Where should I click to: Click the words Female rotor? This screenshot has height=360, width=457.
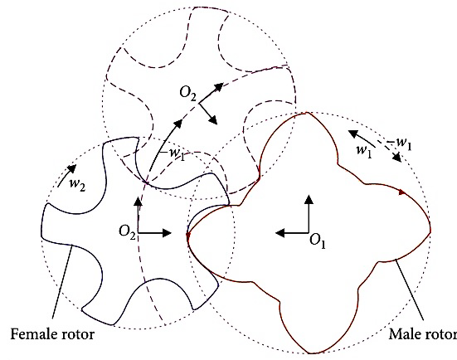(x=52, y=334)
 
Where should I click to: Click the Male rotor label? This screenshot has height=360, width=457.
(x=423, y=334)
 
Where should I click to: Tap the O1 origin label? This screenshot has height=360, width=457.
(x=317, y=242)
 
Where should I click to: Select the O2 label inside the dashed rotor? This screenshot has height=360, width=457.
(x=188, y=93)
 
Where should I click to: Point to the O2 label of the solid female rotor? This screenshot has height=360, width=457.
(x=128, y=232)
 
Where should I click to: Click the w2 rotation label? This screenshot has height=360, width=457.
(x=77, y=184)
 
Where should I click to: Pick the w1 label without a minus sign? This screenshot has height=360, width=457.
(x=364, y=151)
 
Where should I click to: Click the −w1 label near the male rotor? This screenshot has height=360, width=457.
(x=400, y=144)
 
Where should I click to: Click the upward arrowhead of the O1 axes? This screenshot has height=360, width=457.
(x=309, y=199)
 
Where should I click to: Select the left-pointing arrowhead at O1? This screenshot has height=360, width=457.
(x=280, y=233)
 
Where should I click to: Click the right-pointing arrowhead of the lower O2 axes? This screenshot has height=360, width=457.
(x=167, y=233)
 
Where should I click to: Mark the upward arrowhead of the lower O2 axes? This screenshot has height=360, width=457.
(x=139, y=202)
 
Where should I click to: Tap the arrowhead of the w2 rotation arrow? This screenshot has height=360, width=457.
(x=72, y=168)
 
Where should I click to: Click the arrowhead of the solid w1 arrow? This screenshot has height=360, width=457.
(x=353, y=134)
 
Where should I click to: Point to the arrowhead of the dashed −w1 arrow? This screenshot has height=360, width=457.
(x=397, y=158)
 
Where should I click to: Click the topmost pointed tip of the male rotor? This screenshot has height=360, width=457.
(x=307, y=112)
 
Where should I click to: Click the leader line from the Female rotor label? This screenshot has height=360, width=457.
(x=62, y=281)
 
